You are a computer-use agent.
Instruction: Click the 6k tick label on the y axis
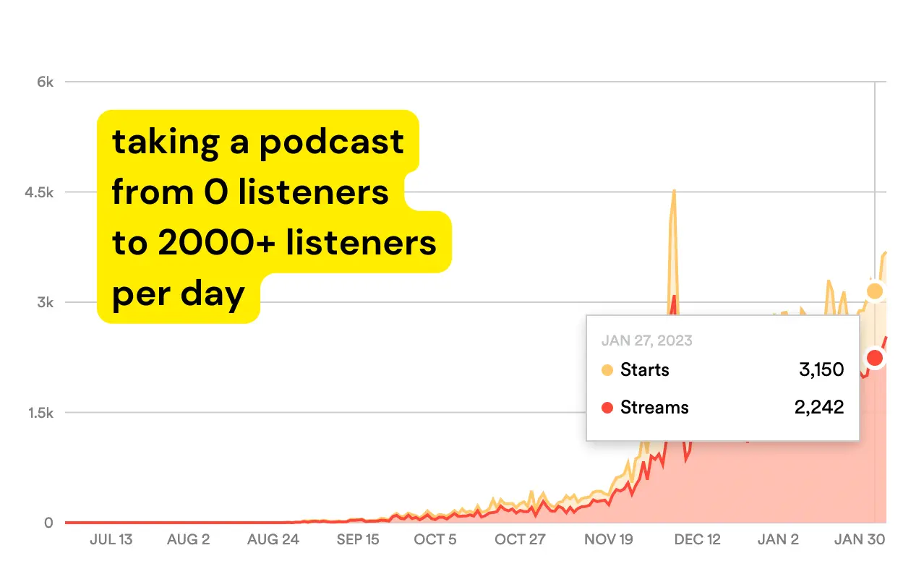(x=45, y=82)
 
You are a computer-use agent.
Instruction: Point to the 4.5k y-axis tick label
(x=38, y=192)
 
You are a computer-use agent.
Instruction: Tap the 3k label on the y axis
(x=45, y=302)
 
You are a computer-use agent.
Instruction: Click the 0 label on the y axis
(x=48, y=523)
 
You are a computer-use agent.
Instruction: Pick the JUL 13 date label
(x=111, y=540)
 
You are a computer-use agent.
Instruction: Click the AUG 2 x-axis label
(x=188, y=540)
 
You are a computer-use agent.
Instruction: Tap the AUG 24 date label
(x=273, y=540)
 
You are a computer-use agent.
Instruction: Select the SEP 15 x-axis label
(x=358, y=540)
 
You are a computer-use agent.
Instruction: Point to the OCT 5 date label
(x=435, y=540)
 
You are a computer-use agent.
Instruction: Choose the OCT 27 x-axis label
(x=520, y=540)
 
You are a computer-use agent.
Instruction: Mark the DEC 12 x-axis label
(x=698, y=540)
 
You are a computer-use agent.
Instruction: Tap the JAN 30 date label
(x=860, y=540)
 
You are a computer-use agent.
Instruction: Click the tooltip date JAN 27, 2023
(x=647, y=340)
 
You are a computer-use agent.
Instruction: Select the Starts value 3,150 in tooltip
(x=821, y=370)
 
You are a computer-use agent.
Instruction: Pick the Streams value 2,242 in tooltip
(x=818, y=407)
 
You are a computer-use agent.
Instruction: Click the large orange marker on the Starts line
(x=875, y=291)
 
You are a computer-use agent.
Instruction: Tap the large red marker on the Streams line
(x=875, y=358)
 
